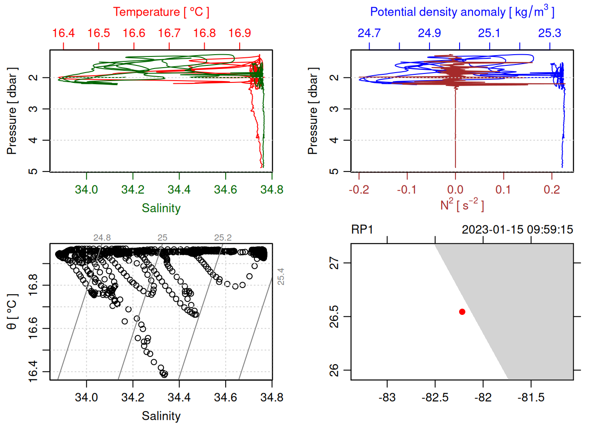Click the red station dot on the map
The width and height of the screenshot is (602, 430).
click(x=462, y=312)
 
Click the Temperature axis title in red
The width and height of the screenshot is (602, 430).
click(x=161, y=12)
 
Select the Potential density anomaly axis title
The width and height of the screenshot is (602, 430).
click(x=462, y=12)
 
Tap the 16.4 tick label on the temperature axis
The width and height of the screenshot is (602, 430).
click(x=63, y=33)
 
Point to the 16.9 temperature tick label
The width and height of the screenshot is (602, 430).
click(x=240, y=33)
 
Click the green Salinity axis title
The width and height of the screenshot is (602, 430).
click(x=161, y=208)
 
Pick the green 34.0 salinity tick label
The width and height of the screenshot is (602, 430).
click(x=86, y=189)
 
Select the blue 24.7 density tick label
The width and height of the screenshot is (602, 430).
click(x=369, y=33)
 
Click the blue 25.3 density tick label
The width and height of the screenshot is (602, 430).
click(x=550, y=33)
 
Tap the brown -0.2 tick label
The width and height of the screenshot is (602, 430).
click(x=359, y=189)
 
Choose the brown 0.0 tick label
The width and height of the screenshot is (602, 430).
click(x=455, y=189)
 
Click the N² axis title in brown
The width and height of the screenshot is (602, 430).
click(x=462, y=205)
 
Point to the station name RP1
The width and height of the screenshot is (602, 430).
click(x=362, y=230)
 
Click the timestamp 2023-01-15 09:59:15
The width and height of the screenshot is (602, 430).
click(x=517, y=230)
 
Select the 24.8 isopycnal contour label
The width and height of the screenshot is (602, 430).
click(x=102, y=238)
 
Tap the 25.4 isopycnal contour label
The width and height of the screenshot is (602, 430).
click(x=280, y=276)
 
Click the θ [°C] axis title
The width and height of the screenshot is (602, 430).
click(x=12, y=311)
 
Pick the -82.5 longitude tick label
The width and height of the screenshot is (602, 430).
click(x=435, y=397)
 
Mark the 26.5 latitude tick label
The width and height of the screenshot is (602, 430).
click(x=334, y=317)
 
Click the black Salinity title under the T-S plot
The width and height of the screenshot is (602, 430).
click(x=161, y=416)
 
